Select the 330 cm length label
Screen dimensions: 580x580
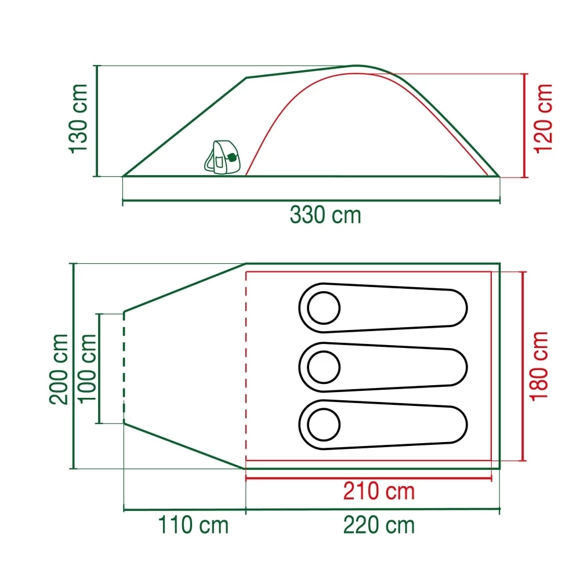[325, 215]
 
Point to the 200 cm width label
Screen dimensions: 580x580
[59, 369]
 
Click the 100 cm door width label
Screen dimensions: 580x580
[87, 369]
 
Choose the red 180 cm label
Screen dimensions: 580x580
[539, 365]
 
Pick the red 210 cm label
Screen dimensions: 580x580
[379, 491]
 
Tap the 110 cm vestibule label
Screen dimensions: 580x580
[194, 525]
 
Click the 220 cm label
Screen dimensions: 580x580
[379, 525]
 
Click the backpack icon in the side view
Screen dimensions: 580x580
[222, 157]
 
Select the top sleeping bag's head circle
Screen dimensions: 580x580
[324, 307]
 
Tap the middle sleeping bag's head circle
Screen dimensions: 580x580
[324, 367]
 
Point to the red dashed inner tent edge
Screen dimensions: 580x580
[246, 365]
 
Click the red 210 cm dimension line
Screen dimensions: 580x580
[369, 478]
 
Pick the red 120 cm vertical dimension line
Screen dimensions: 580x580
[525, 125]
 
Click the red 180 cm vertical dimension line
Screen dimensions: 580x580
[524, 365]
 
